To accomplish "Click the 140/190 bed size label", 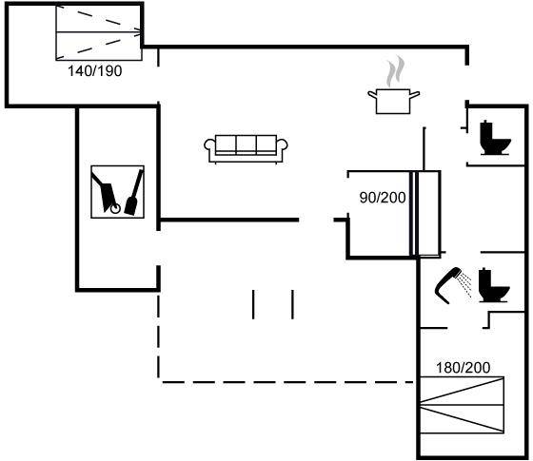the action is [95, 71].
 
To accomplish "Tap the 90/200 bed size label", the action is [383, 198].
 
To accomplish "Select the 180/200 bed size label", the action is [463, 368].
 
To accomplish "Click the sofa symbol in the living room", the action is [247, 149].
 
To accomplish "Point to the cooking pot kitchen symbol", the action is [394, 101].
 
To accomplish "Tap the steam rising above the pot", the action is [395, 71].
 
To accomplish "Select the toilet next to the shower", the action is [494, 285].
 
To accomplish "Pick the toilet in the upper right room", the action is [495, 138].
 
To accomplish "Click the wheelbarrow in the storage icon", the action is [106, 193].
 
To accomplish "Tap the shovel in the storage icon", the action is [134, 193].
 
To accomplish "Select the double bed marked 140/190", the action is [99, 32].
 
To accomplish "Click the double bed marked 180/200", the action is [462, 405].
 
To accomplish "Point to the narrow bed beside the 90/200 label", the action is [427, 213].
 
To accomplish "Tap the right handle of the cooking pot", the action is [415, 94].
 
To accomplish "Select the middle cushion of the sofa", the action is [247, 144].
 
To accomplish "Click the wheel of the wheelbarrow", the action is [115, 209].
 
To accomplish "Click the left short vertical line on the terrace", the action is [253, 304].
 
